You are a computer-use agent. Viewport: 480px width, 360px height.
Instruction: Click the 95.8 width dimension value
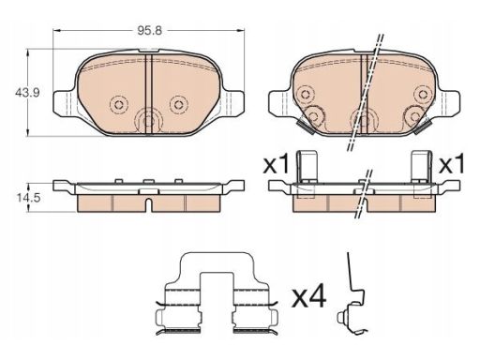pos(150,31)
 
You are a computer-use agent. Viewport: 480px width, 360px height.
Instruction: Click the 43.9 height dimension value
pos(27,93)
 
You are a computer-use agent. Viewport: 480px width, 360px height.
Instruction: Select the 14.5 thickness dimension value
pos(28,198)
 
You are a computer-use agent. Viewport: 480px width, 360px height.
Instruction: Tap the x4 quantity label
pos(308,298)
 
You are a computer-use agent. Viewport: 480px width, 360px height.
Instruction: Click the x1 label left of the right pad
pos(276,165)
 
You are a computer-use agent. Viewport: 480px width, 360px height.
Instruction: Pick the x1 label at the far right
pos(452,165)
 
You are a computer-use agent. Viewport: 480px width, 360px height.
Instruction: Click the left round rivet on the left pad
pos(119,104)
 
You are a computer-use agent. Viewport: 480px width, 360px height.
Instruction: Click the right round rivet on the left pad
pos(178,104)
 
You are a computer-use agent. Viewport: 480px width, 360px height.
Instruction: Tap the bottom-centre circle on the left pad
pos(148,121)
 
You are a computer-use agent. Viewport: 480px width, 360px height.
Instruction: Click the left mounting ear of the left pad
pos(65,101)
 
